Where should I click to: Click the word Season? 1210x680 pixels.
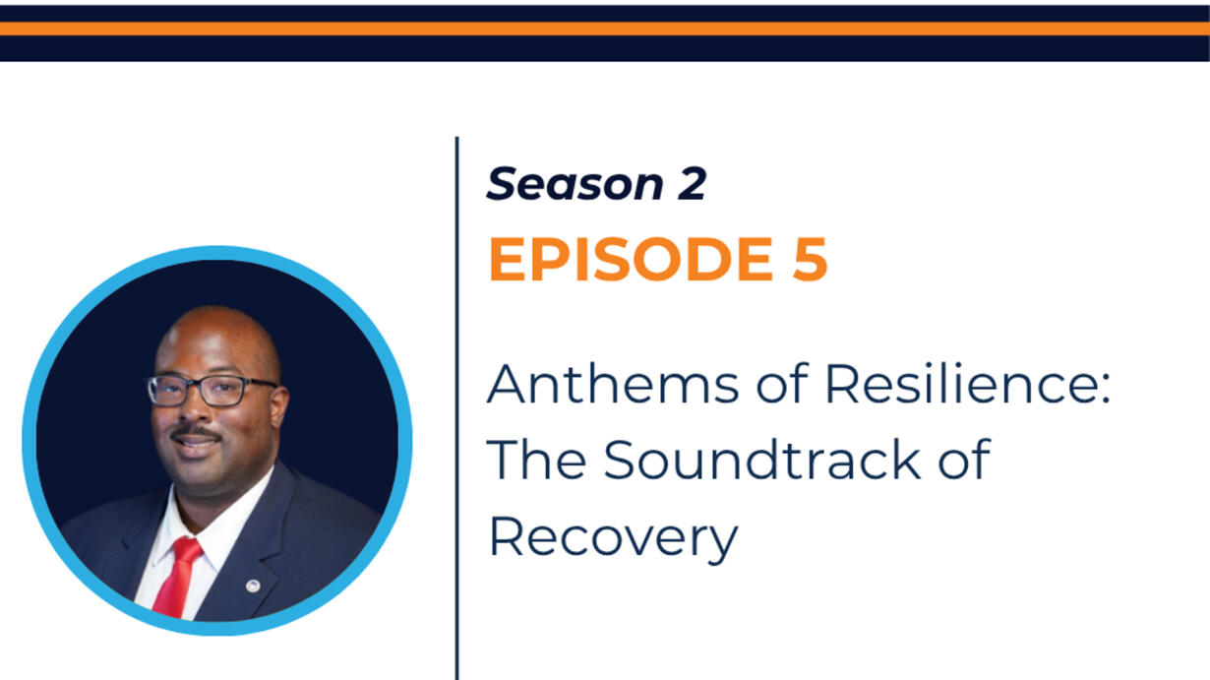coord(575,184)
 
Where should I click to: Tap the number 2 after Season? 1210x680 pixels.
coord(692,184)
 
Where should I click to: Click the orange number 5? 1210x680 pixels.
coord(810,260)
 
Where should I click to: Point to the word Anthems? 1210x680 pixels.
coord(613,384)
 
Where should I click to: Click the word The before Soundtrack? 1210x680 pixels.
coord(536,460)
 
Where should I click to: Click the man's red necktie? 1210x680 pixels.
coord(178,578)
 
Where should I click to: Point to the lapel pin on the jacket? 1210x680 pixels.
coord(252,586)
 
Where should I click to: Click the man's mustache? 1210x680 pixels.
coord(196,432)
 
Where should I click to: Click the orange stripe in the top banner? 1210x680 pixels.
coord(605,29)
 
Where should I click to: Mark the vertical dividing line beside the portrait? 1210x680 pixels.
coord(457,408)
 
